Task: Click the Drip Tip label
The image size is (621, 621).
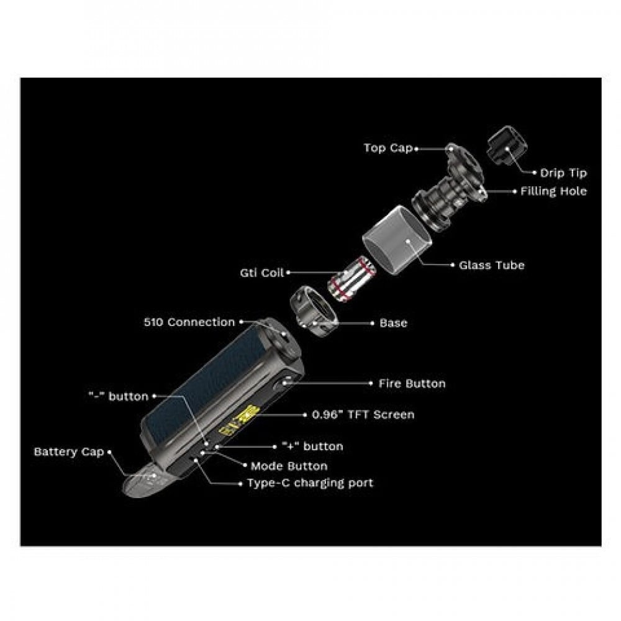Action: click(x=563, y=173)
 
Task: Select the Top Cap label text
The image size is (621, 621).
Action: click(x=388, y=148)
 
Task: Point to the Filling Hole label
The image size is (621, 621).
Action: click(x=553, y=191)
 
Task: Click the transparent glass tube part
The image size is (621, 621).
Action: click(x=396, y=240)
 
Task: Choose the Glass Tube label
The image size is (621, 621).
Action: click(x=491, y=265)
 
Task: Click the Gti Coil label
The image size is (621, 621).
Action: click(x=262, y=273)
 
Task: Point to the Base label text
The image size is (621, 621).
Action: click(x=393, y=323)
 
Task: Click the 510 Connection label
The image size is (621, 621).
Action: click(x=189, y=322)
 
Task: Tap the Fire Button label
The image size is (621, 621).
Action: click(x=412, y=383)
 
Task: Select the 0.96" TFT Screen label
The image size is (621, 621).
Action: click(x=363, y=415)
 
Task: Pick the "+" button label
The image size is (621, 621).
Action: click(x=312, y=446)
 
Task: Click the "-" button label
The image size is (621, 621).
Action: click(x=119, y=396)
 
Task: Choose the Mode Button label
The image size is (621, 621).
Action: click(x=289, y=466)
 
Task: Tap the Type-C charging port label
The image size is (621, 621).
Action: click(x=310, y=483)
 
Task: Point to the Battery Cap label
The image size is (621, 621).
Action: click(x=69, y=452)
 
